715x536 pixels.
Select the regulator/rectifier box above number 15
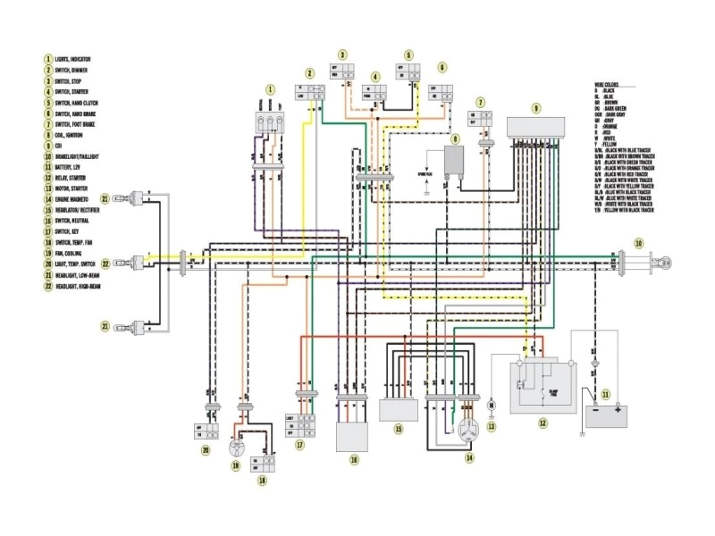pos(399,410)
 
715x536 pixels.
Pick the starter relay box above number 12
pos(543,386)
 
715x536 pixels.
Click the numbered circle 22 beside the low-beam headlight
pos(105,264)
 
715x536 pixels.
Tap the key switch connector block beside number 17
pos(301,423)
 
